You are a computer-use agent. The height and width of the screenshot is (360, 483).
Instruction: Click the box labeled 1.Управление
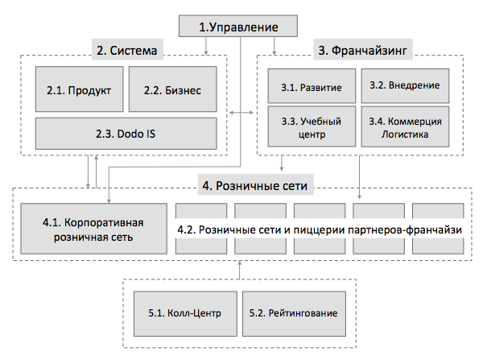tap(238, 27)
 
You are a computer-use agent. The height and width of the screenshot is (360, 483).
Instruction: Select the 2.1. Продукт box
tap(79, 89)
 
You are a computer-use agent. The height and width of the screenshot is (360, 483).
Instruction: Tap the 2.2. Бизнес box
tap(172, 89)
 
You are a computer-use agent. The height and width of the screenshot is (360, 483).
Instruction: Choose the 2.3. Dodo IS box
tap(126, 134)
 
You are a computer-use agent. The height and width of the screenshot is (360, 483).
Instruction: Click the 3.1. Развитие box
tap(312, 86)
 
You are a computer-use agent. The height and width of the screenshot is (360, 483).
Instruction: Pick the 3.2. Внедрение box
tap(405, 86)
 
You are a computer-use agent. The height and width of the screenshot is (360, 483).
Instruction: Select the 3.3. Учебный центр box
tap(312, 126)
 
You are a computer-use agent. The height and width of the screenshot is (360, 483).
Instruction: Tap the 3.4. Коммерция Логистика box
tap(405, 126)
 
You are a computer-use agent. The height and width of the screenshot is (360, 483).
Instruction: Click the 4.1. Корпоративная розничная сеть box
tap(93, 229)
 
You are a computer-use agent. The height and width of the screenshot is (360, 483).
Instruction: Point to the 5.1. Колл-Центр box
tap(185, 313)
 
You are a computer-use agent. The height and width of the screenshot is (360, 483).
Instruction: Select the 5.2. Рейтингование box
tap(294, 313)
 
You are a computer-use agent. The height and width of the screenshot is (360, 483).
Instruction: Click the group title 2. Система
tap(127, 50)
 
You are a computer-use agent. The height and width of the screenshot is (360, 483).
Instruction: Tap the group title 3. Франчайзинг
tap(362, 50)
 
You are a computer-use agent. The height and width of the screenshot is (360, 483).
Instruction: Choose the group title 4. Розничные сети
tap(255, 186)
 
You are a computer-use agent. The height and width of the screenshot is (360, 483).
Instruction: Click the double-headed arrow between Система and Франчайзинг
tap(242, 113)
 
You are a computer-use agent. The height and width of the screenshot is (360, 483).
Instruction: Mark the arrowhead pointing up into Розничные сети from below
tap(239, 263)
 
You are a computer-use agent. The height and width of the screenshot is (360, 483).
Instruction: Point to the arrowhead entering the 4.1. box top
tap(109, 201)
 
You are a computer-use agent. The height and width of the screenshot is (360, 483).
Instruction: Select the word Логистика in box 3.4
tap(405, 134)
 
